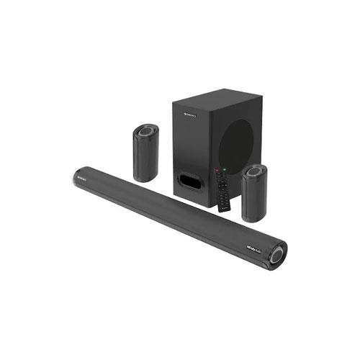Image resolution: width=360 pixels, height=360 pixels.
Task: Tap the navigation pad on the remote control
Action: (x=221, y=185)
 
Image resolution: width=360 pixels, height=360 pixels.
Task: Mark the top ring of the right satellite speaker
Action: (x=255, y=172)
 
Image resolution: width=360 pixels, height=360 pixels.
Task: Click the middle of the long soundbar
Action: (x=173, y=212)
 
